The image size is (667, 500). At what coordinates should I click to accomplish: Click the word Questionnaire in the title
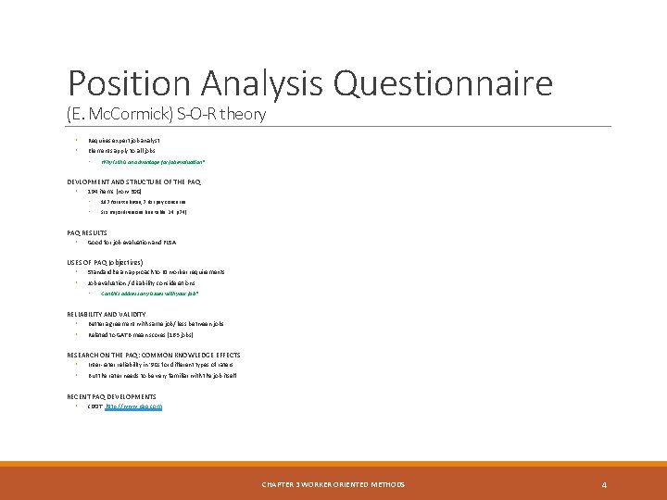tap(443, 84)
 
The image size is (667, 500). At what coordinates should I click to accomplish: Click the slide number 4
tap(603, 484)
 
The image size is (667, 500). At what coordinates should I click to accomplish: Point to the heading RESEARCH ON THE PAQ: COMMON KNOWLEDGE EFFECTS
tap(154, 355)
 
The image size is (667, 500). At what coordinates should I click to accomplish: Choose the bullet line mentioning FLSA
tap(139, 243)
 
